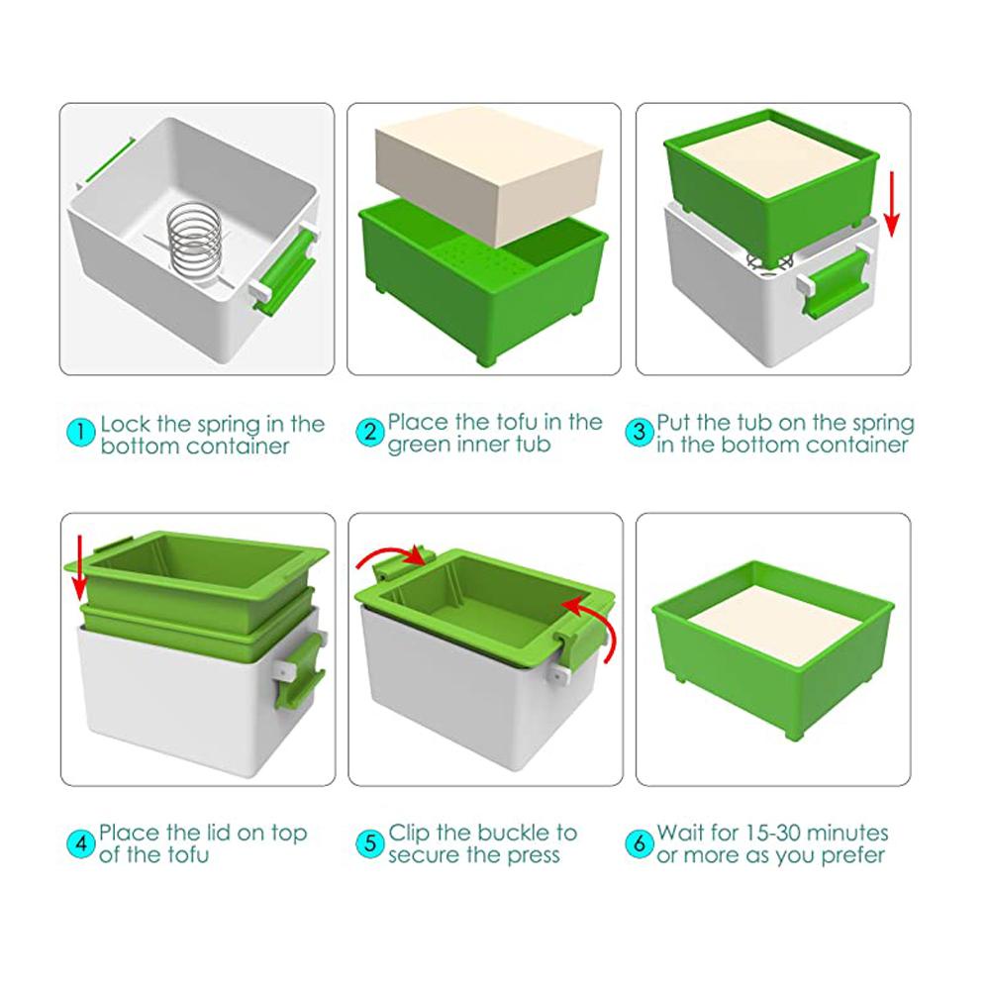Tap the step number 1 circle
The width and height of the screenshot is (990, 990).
tap(82, 433)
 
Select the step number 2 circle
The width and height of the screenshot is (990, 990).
tap(369, 433)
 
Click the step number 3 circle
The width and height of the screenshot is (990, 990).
tap(639, 433)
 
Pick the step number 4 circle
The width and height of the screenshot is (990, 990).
tap(81, 843)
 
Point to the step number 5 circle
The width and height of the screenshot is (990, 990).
tap(369, 843)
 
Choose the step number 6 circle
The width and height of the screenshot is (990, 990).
tap(639, 843)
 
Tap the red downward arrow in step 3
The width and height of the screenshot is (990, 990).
tap(892, 203)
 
